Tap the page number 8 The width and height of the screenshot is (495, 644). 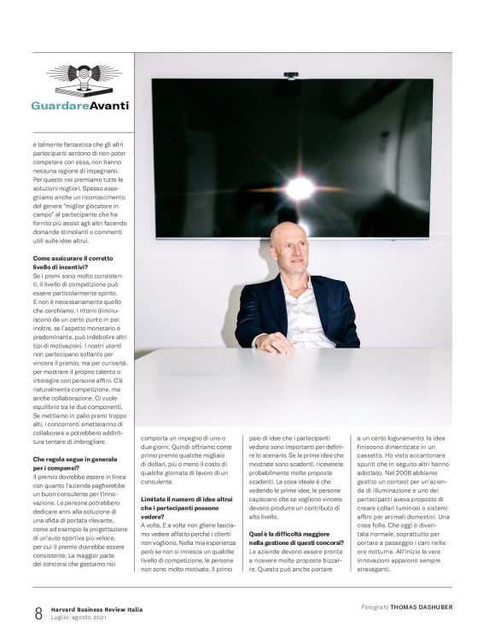[x=38, y=613]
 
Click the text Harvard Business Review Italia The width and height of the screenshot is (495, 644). [x=96, y=609]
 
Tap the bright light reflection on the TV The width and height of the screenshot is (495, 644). [x=299, y=187]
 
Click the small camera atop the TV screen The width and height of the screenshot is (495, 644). [x=291, y=75]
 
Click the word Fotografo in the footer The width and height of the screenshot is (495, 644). [x=374, y=608]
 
